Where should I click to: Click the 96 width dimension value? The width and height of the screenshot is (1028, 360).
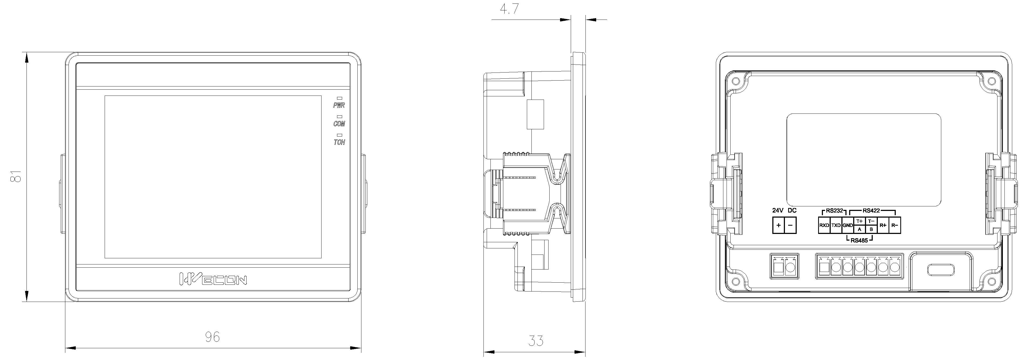(x=212, y=337)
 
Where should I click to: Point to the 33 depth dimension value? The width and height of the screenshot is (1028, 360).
(x=536, y=340)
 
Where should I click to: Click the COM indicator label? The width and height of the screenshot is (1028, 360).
(x=339, y=124)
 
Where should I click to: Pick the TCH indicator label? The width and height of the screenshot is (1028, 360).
(x=339, y=142)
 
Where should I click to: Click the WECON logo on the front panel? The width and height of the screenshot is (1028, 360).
(x=213, y=279)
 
